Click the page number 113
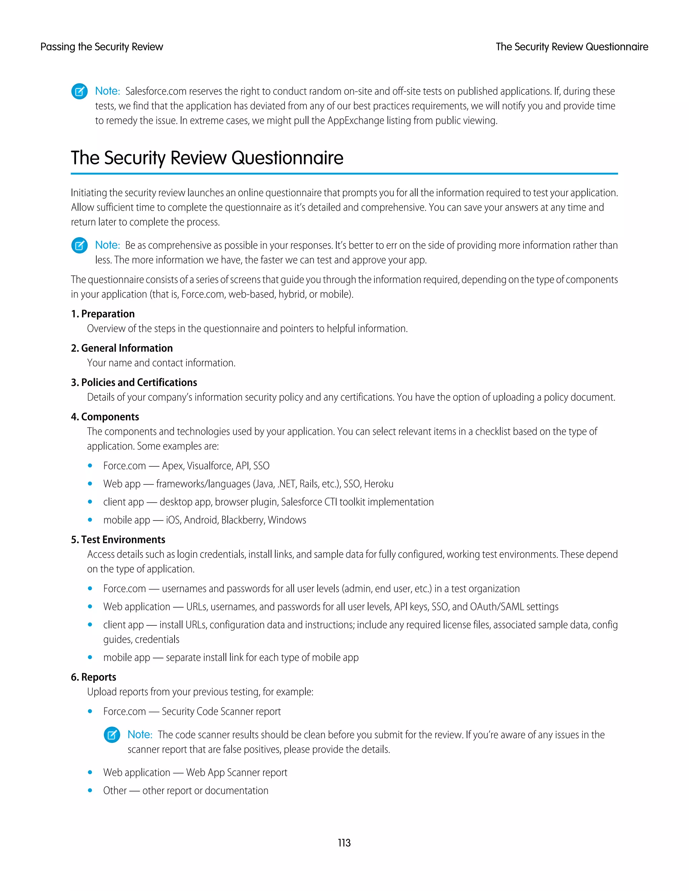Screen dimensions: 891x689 (344, 843)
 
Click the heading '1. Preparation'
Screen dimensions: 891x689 (103, 314)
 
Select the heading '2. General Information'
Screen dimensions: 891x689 (122, 348)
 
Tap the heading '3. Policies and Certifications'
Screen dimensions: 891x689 (134, 382)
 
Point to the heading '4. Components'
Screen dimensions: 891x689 (105, 417)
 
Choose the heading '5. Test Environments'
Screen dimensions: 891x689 (118, 539)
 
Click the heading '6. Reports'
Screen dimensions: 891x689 (94, 677)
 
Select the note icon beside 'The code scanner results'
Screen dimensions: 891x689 (112, 735)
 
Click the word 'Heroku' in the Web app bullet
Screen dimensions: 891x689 (378, 484)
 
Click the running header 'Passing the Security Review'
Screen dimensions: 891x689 (102, 47)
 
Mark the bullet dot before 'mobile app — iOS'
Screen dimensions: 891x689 (90, 520)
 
